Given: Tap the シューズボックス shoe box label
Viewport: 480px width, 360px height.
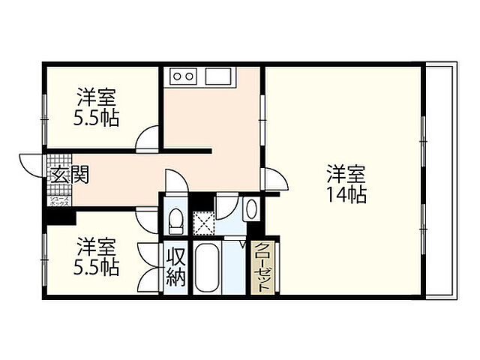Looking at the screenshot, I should [x=60, y=199].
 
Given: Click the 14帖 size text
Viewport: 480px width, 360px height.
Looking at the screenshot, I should [x=346, y=195].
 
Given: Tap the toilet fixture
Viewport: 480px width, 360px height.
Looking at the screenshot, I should [x=175, y=220].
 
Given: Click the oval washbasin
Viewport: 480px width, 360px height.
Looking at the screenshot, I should [x=251, y=209].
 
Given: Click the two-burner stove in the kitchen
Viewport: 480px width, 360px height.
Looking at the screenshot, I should [x=183, y=76].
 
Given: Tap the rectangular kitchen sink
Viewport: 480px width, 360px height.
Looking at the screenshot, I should [x=220, y=76].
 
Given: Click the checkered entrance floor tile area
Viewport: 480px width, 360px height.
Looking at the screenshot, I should [x=58, y=165].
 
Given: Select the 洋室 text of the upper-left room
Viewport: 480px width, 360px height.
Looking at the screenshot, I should [x=98, y=97].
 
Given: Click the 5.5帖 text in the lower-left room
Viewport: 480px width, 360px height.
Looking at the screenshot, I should [x=97, y=266].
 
